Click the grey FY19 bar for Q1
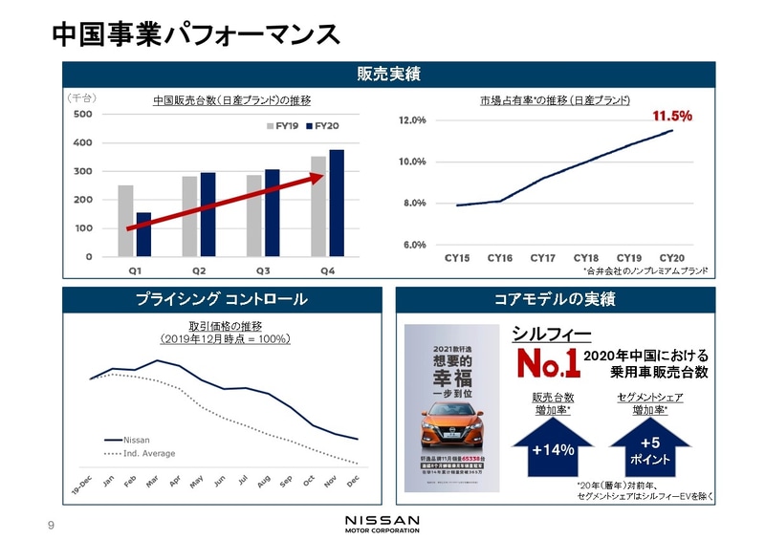click(125, 221)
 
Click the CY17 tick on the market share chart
click(542, 258)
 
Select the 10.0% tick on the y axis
click(411, 162)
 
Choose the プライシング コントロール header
click(221, 299)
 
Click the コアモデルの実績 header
click(555, 299)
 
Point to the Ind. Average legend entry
click(148, 453)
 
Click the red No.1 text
click(543, 364)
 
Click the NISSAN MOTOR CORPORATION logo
click(382, 522)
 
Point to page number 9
click(52, 523)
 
